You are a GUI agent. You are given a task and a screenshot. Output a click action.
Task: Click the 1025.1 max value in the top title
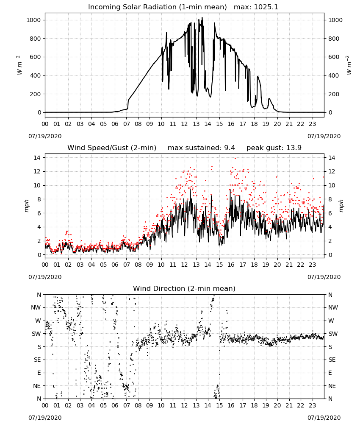pyautogui.click(x=266, y=7)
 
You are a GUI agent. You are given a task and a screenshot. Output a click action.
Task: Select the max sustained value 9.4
pyautogui.click(x=230, y=148)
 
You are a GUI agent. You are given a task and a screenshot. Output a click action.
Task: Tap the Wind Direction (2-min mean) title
pyautogui.click(x=184, y=288)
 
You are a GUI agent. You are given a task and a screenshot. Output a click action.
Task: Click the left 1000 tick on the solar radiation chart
pyautogui.click(x=34, y=20)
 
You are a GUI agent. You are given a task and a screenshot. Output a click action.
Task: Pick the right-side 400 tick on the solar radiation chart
pyautogui.click(x=334, y=76)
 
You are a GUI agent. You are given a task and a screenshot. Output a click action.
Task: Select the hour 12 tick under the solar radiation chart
pyautogui.click(x=184, y=124)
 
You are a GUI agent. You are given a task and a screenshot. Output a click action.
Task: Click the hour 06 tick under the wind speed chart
pyautogui.click(x=115, y=265)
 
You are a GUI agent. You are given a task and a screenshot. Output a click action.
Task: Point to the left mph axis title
pyautogui.click(x=26, y=206)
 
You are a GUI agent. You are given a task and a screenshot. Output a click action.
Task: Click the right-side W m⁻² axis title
pyautogui.click(x=349, y=65)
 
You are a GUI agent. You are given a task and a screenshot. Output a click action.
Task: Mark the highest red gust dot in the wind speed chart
pyautogui.click(x=235, y=159)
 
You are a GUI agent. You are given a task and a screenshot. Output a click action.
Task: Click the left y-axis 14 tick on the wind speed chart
pyautogui.click(x=38, y=157)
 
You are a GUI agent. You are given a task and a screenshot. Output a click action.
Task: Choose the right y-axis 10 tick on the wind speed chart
pyautogui.click(x=332, y=186)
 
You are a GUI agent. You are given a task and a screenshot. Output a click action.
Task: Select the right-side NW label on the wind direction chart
pyautogui.click(x=333, y=307)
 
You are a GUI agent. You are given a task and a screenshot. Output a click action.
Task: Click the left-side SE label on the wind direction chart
pyautogui.click(x=37, y=360)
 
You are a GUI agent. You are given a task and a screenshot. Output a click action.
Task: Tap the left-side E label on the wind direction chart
pyautogui.click(x=39, y=373)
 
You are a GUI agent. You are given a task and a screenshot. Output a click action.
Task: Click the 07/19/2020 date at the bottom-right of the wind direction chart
pyautogui.click(x=324, y=418)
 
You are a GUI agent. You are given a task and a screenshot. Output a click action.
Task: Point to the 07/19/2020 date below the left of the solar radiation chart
pyautogui.click(x=45, y=136)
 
